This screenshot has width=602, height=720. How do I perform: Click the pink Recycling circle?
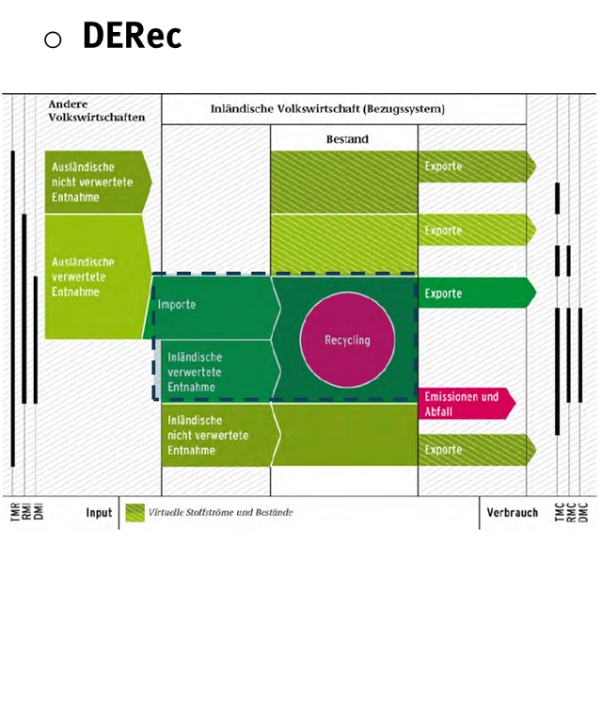[348, 340]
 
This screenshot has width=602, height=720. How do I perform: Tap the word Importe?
[178, 305]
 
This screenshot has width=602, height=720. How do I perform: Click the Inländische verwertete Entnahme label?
[195, 371]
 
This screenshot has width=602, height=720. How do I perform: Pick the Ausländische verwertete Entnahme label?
[84, 276]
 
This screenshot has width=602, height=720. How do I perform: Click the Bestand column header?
[344, 139]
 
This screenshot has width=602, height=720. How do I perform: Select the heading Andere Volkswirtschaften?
[97, 110]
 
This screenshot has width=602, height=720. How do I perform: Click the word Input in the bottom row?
[99, 512]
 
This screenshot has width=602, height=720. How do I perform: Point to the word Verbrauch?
[513, 512]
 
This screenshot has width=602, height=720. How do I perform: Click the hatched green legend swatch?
[135, 512]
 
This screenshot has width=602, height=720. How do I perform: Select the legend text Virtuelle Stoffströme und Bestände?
[221, 512]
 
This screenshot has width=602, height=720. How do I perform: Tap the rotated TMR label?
[14, 512]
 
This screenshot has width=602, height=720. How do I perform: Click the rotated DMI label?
[39, 512]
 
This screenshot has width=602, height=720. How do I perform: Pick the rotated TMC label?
[559, 512]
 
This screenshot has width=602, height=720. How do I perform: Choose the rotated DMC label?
[582, 512]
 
